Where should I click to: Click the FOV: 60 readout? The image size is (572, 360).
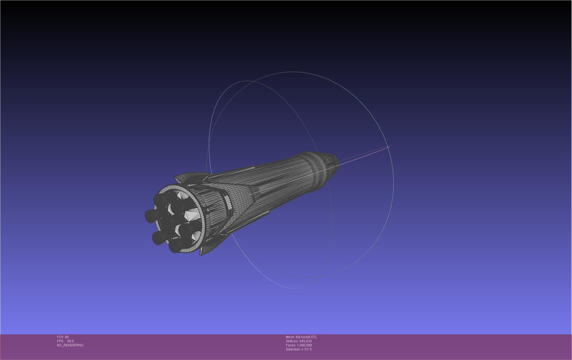pyautogui.click(x=63, y=337)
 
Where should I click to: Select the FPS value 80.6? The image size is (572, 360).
pyautogui.click(x=70, y=341)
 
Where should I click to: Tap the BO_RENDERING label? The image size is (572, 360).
pyautogui.click(x=70, y=345)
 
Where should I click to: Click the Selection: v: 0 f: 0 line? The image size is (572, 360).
pyautogui.click(x=299, y=349)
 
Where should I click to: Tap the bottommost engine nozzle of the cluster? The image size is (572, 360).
pyautogui.click(x=174, y=247)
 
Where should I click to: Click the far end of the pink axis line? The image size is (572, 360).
pyautogui.click(x=389, y=147)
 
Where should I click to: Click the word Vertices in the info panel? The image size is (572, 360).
pyautogui.click(x=292, y=341)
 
